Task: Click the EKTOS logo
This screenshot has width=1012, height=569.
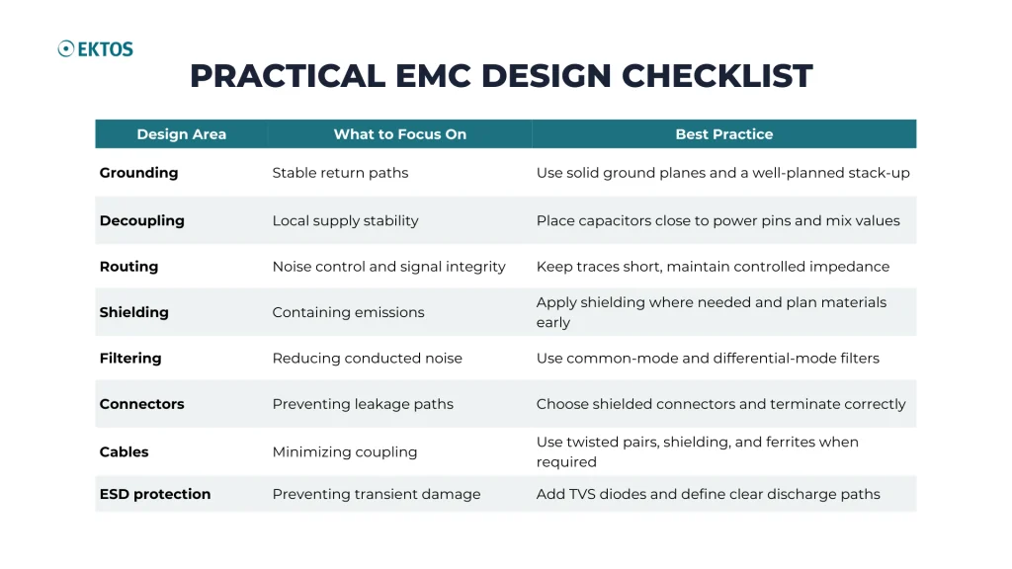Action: pyautogui.click(x=96, y=49)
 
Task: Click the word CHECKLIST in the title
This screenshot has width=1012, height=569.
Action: pyautogui.click(x=717, y=76)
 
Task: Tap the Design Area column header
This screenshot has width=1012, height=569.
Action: pyautogui.click(x=182, y=134)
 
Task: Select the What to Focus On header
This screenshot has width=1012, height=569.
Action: pyautogui.click(x=400, y=134)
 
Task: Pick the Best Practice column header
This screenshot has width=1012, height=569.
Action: pyautogui.click(x=724, y=134)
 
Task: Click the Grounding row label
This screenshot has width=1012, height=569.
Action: pyautogui.click(x=138, y=173)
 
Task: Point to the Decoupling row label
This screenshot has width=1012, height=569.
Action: pyautogui.click(x=142, y=220)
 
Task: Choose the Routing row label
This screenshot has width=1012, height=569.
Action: pyautogui.click(x=129, y=267)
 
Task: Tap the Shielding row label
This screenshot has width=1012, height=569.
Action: pyautogui.click(x=134, y=312)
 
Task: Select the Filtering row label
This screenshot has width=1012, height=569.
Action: pyautogui.click(x=130, y=358)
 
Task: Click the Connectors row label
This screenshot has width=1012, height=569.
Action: pyautogui.click(x=142, y=404)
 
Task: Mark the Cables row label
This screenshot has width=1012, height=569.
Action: pyautogui.click(x=124, y=451)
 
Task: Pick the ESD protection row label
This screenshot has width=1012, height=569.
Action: pyautogui.click(x=155, y=494)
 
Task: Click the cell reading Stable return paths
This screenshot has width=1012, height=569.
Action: pyautogui.click(x=340, y=173)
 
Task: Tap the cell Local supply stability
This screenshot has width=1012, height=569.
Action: pyautogui.click(x=345, y=220)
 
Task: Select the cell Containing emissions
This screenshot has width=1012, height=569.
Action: pyautogui.click(x=349, y=312)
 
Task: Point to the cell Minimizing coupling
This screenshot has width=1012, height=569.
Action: pyautogui.click(x=345, y=451)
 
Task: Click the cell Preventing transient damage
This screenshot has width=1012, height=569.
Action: pyautogui.click(x=377, y=494)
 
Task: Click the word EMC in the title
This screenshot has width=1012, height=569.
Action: pyautogui.click(x=433, y=76)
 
